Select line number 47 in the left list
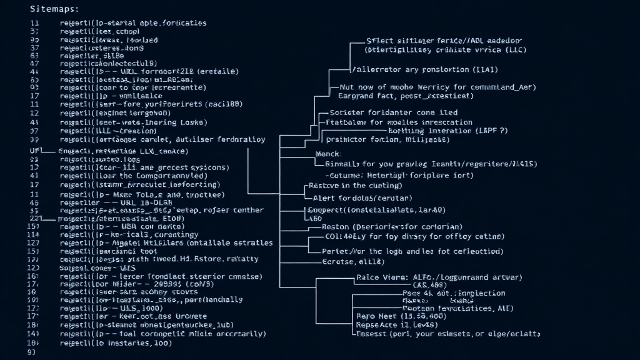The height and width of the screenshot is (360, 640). [x=35, y=63]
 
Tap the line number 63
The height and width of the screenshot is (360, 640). [x=35, y=55]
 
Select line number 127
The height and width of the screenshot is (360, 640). [x=34, y=242]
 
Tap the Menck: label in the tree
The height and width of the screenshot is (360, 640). [x=328, y=153]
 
